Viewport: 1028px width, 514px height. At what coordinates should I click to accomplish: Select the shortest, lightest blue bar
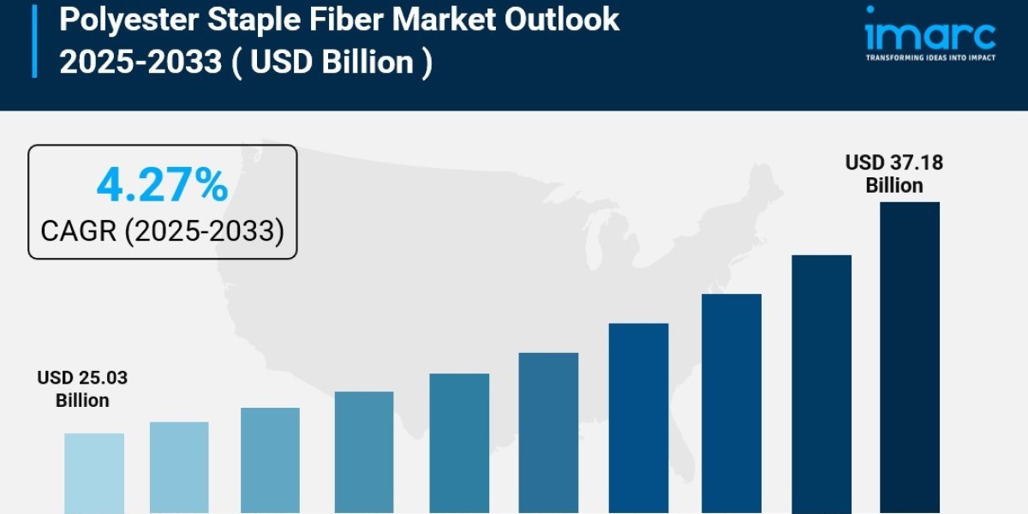(94, 474)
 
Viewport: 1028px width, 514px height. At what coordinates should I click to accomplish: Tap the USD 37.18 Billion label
(894, 174)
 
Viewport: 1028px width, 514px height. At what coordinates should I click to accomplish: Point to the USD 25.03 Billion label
(82, 389)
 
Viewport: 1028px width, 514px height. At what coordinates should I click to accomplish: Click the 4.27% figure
(162, 186)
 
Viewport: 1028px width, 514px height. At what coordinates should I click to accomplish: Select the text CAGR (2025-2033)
(162, 230)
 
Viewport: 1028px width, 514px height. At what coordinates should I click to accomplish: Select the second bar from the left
(179, 468)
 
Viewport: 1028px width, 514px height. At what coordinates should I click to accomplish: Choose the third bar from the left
(270, 461)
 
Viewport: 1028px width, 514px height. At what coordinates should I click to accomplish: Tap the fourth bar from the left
(364, 452)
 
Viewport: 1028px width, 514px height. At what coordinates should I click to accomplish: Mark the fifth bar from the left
(459, 444)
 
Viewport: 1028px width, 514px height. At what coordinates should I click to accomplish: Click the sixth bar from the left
(548, 433)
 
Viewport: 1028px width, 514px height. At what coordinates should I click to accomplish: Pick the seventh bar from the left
(638, 418)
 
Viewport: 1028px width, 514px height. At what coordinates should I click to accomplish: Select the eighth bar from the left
(731, 403)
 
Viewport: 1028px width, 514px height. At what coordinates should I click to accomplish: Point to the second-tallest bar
(821, 385)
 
